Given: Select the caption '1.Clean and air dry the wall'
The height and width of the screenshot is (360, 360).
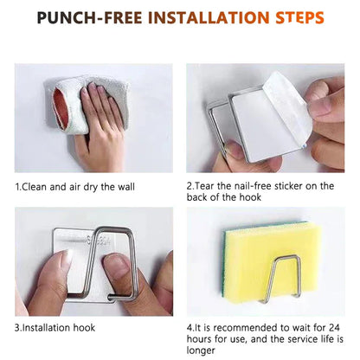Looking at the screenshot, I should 74,186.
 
